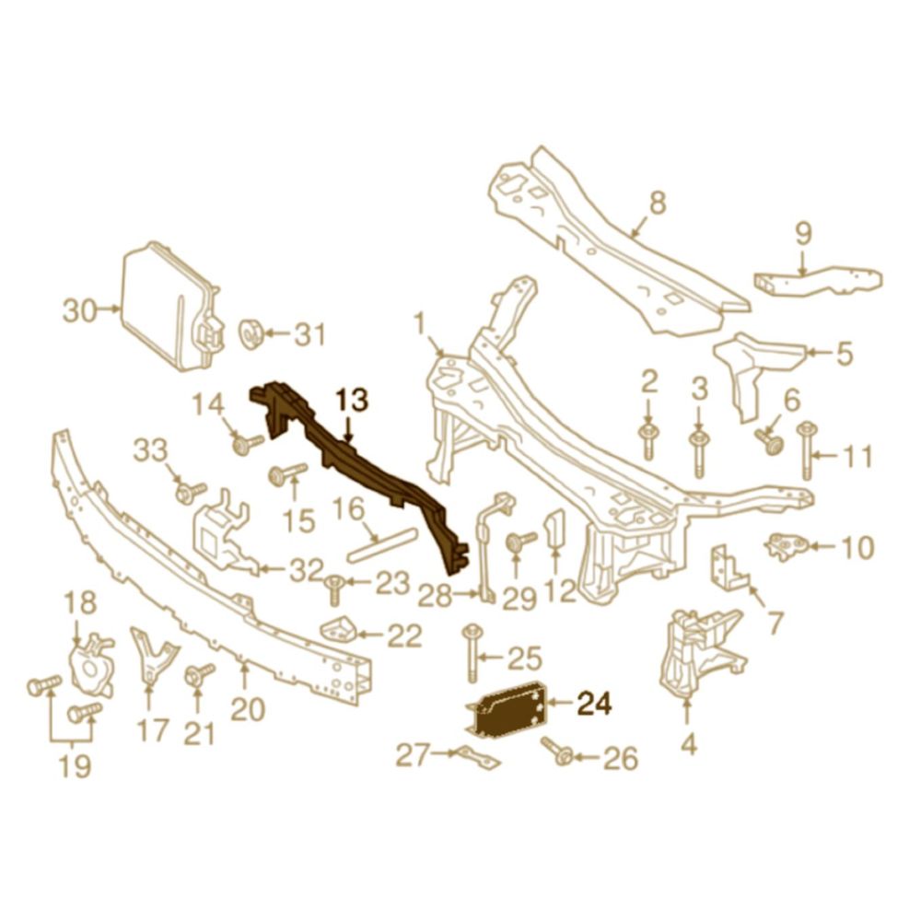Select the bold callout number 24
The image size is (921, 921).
point(595,703)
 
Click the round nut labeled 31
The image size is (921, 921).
point(251,334)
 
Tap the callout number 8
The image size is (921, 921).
point(658,204)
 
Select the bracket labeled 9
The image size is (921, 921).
point(818,281)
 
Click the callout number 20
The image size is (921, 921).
point(247,710)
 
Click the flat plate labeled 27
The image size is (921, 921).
point(477,759)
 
